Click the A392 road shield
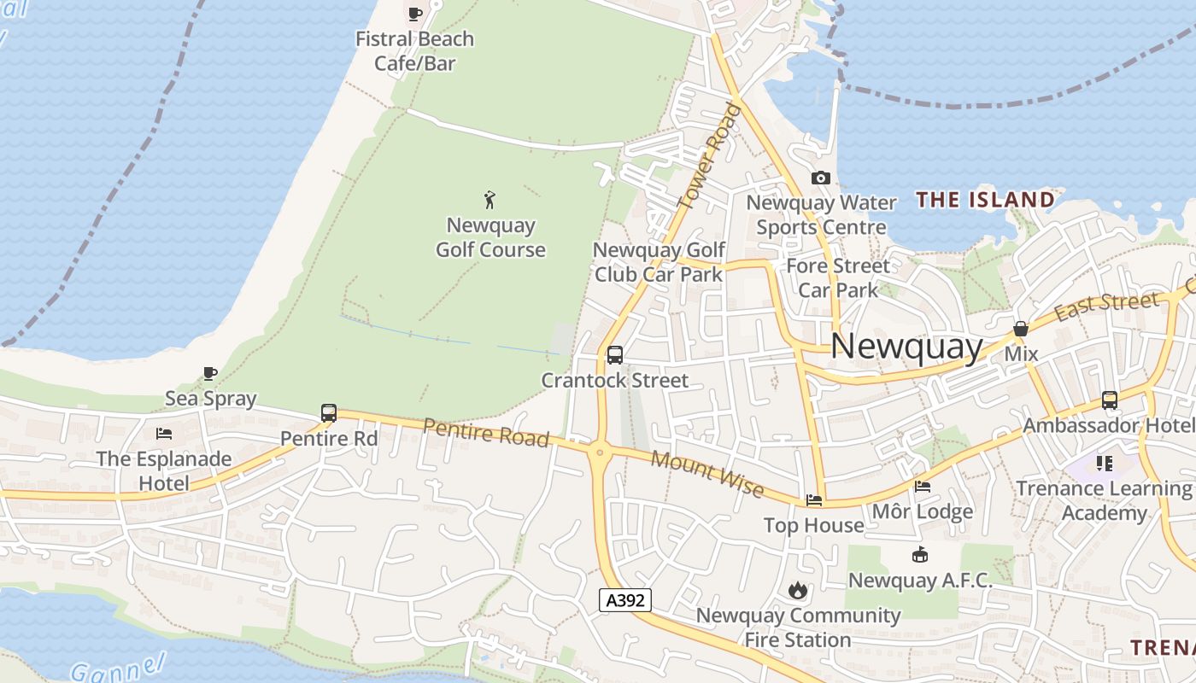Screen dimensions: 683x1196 (x=624, y=600)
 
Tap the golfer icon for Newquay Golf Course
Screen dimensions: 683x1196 (x=490, y=200)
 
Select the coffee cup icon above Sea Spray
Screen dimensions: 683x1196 (x=210, y=373)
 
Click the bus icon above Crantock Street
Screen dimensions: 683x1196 (x=614, y=355)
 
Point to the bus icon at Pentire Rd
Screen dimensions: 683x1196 (x=329, y=413)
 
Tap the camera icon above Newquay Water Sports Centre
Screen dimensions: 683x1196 (x=821, y=178)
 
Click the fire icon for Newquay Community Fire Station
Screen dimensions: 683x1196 (x=797, y=590)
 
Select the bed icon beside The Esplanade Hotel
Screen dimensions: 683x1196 (x=164, y=434)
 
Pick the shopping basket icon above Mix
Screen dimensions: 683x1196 (x=1020, y=329)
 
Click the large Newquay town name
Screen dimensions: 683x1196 (x=906, y=346)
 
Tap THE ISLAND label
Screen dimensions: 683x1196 (x=985, y=200)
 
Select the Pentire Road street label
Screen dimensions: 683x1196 (x=485, y=432)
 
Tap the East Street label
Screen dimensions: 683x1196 (x=1106, y=306)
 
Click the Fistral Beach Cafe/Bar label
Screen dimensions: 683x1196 (x=414, y=51)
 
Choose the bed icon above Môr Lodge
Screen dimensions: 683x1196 (x=923, y=487)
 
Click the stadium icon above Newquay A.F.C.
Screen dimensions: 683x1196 (x=919, y=555)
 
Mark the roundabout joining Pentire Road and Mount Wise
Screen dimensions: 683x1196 (x=600, y=452)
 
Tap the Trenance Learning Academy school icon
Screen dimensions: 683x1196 (x=1104, y=464)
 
